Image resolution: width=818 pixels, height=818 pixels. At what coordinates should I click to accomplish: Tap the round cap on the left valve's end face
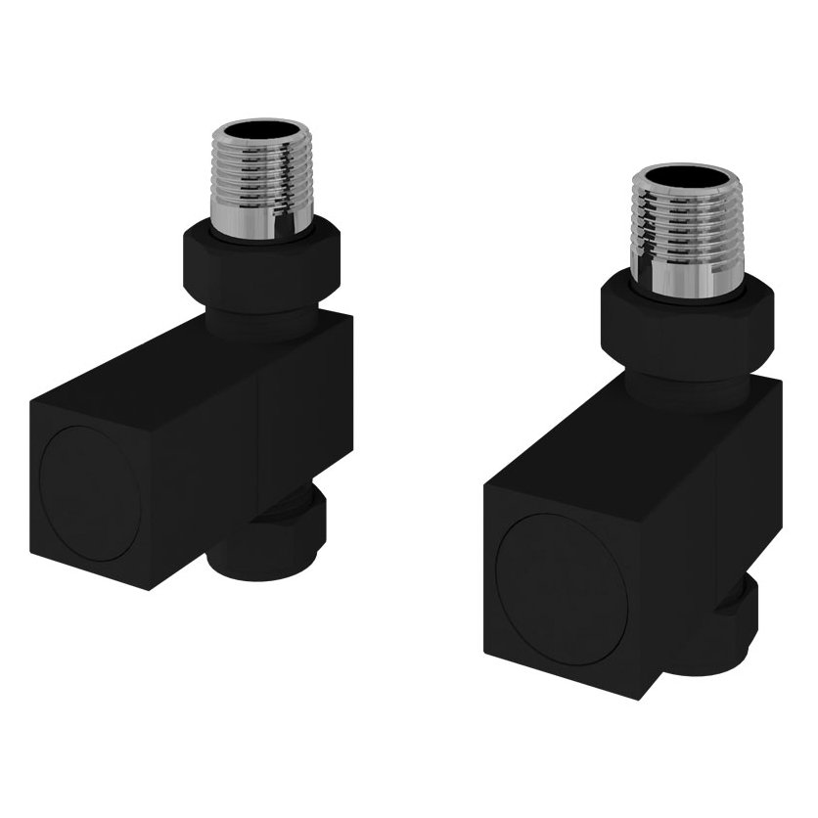coord(91,493)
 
